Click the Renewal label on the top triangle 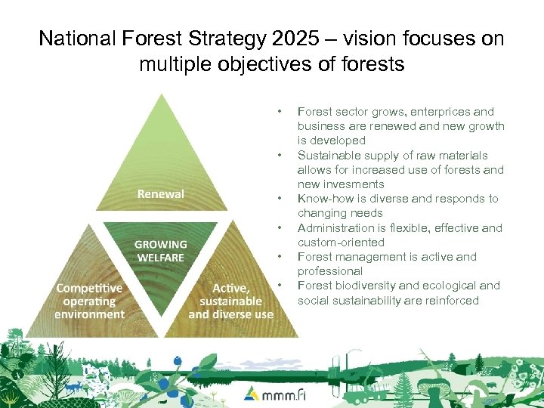160,194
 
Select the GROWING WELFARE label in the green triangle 160,251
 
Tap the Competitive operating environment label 89,301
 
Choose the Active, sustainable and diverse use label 230,301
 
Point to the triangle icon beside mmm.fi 250,393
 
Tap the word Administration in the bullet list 333,227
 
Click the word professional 329,270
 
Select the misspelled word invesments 354,184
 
